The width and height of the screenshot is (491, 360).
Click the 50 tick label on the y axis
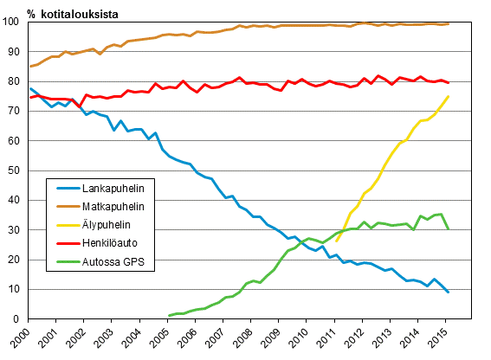click(x=16, y=170)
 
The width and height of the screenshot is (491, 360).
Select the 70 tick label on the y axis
click(x=16, y=111)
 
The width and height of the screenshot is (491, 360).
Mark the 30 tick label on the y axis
click(x=16, y=230)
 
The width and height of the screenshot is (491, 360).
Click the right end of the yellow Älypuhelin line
click(x=448, y=96)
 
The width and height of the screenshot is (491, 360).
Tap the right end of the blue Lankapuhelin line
click(x=448, y=292)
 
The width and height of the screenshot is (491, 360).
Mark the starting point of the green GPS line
click(x=169, y=316)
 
